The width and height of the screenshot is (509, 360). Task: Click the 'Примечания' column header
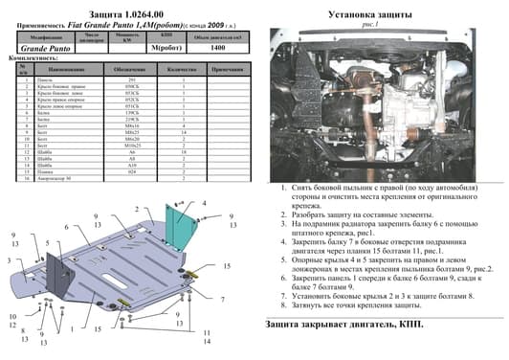click(x=225, y=70)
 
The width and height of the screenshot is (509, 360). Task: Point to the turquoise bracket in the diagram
click(x=180, y=230)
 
